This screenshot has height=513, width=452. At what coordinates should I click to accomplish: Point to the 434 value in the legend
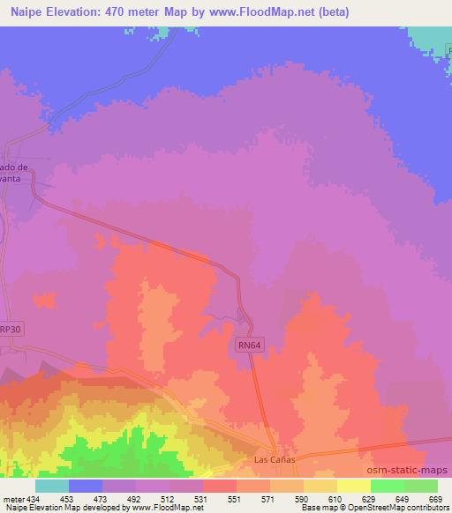click(34, 498)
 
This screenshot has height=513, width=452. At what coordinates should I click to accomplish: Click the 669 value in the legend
click(436, 498)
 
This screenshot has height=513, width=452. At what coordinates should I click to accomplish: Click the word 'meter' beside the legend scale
click(12, 498)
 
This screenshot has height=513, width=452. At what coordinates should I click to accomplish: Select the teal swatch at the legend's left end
click(52, 486)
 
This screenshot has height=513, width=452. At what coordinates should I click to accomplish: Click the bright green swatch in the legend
click(387, 486)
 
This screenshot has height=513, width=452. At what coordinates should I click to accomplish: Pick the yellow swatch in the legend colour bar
click(353, 486)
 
